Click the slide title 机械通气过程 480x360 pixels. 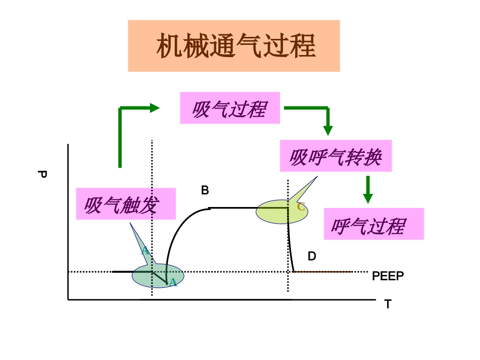pos(234,46)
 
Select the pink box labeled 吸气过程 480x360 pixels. pos(229,108)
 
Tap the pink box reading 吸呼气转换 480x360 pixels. pos(335,157)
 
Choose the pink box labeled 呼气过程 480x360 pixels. pos(373,224)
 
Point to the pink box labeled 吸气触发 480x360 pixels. pos(126,204)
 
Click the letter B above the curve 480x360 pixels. pos(205,190)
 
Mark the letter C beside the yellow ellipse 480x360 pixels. pos(301,207)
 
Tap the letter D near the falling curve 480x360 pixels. pos(312,256)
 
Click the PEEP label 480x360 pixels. pos(388,276)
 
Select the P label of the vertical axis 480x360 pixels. pos(42,175)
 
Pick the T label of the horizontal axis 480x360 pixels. pos(388,304)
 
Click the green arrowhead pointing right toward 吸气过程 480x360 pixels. pos(154,107)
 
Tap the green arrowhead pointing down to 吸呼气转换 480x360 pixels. pos(328,130)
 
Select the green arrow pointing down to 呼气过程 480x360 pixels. pos(368,190)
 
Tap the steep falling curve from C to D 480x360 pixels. pos(290,247)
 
